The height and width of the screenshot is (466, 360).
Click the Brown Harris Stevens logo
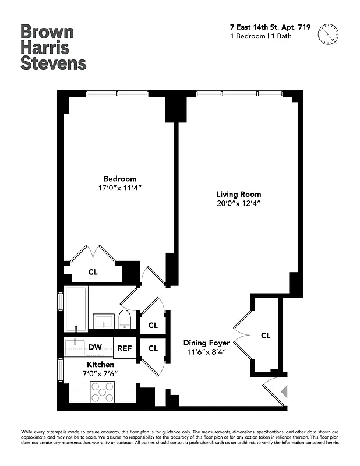[x=53, y=47]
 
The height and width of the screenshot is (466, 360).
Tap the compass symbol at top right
[x=329, y=34]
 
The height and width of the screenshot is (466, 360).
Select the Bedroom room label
[x=120, y=179]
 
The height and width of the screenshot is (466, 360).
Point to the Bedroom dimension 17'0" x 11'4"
[x=120, y=188]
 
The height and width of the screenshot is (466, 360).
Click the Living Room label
[x=239, y=195]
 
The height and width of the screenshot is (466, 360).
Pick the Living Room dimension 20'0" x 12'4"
[x=239, y=204]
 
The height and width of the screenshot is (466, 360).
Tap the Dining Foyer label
[x=206, y=343]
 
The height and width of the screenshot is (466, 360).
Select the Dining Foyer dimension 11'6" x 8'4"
[x=206, y=352]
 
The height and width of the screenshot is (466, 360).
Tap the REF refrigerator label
[x=125, y=348]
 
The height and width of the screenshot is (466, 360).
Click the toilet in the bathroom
[x=124, y=319]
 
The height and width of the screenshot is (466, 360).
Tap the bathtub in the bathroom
[x=76, y=309]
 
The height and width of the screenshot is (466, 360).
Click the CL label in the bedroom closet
[x=93, y=271]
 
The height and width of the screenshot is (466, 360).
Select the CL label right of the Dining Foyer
[x=266, y=336]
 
